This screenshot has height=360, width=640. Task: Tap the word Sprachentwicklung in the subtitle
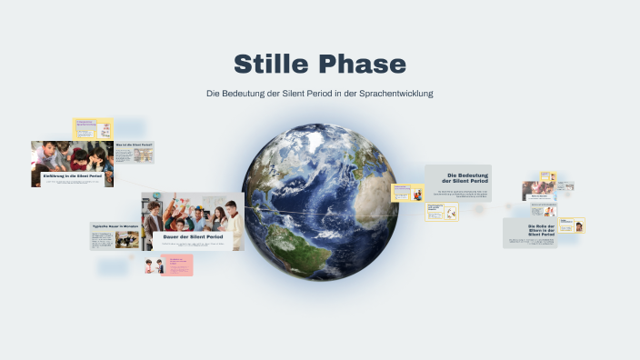click(x=393, y=94)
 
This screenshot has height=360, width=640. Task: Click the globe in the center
click(x=319, y=203)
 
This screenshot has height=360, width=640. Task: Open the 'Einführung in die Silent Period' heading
click(x=72, y=175)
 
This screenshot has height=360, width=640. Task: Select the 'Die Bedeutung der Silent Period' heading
click(x=460, y=178)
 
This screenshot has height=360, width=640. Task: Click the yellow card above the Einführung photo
click(x=93, y=128)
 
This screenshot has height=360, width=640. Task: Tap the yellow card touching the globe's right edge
click(x=406, y=193)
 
